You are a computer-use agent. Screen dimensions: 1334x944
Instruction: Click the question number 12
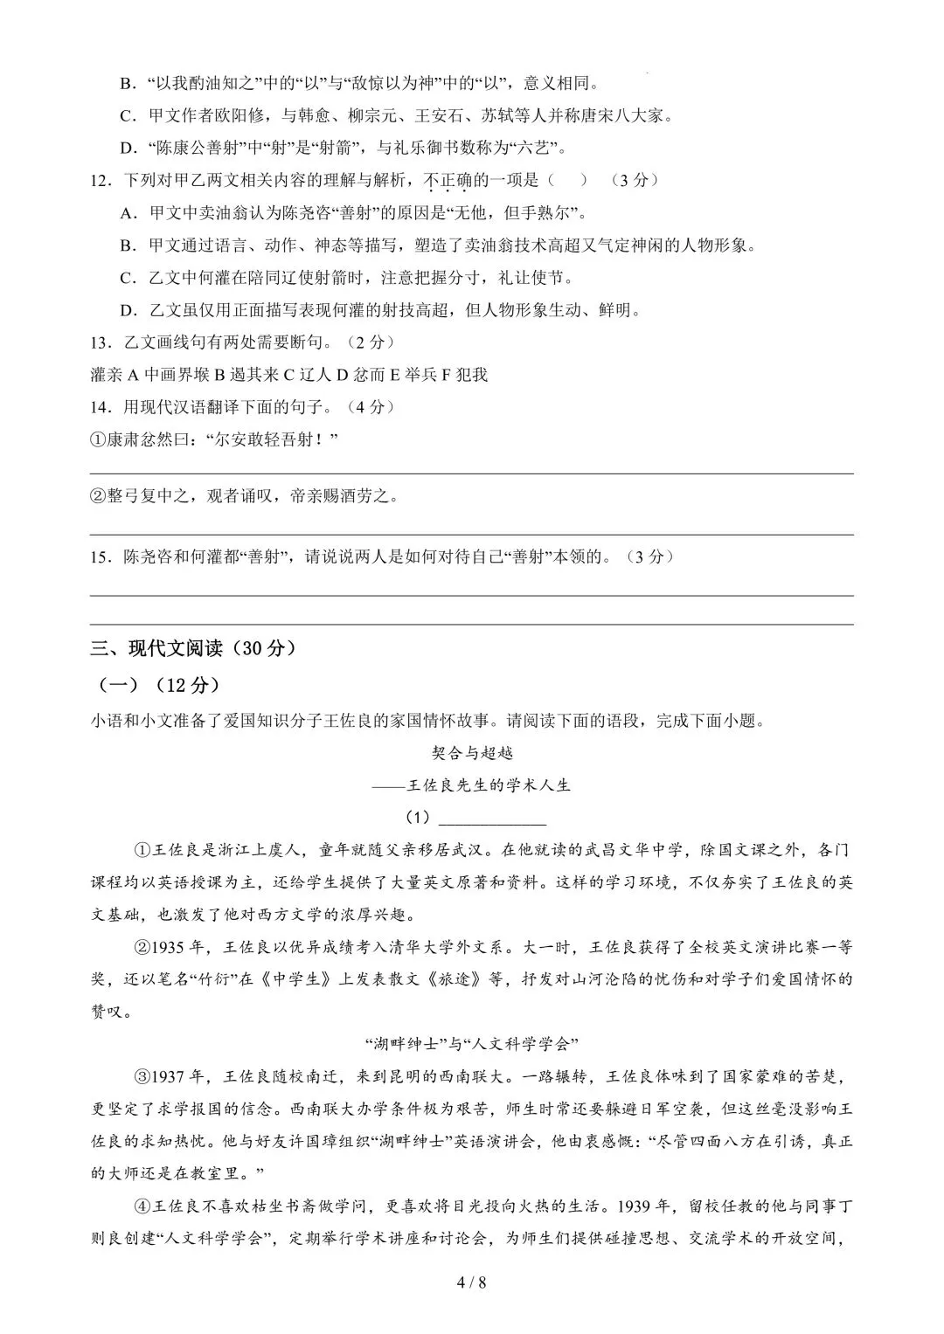[x=100, y=180]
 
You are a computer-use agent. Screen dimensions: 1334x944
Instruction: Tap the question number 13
[x=100, y=342]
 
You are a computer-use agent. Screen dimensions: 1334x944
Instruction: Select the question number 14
[x=100, y=407]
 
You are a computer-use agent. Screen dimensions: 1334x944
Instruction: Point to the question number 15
[x=100, y=556]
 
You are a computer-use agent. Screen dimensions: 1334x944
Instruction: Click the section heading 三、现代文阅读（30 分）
[x=194, y=648]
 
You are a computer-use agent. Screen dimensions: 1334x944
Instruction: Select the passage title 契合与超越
[x=472, y=752]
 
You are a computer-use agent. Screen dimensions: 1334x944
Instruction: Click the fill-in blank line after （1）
[x=491, y=819]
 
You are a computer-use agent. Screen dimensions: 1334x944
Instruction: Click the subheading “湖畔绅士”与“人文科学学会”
[x=472, y=1043]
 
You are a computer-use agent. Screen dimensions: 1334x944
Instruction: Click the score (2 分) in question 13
[x=368, y=342]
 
